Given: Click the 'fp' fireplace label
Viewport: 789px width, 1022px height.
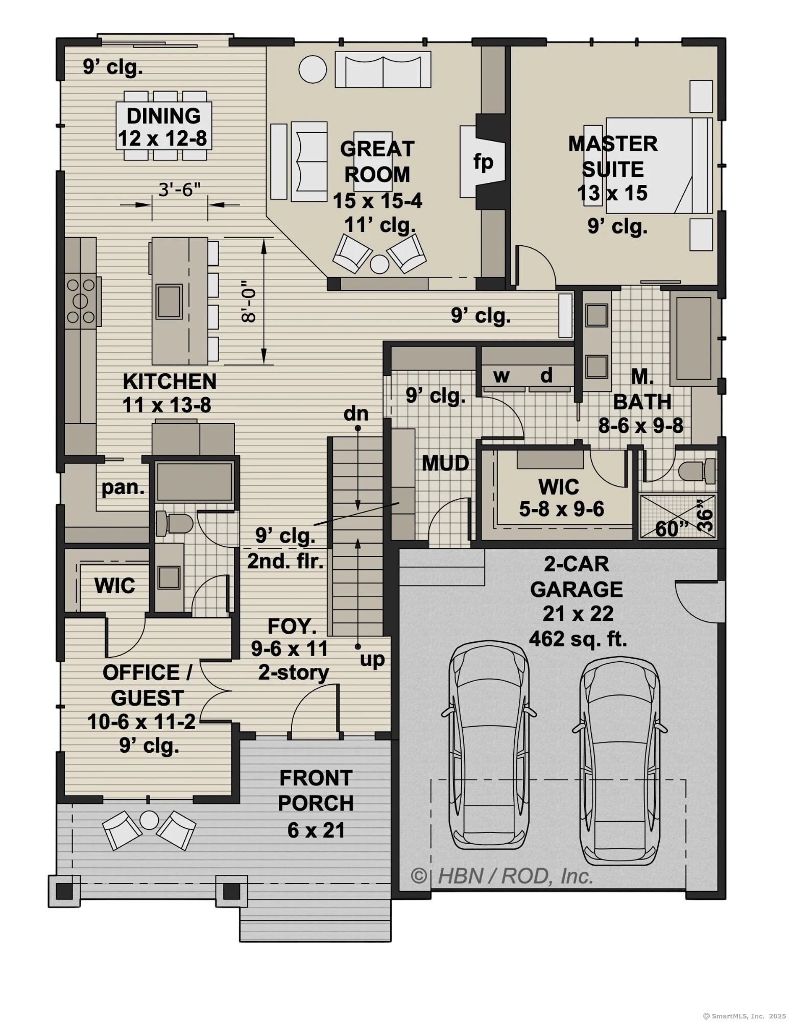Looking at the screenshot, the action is (x=483, y=162).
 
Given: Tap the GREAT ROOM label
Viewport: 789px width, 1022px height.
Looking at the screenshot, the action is (x=377, y=161).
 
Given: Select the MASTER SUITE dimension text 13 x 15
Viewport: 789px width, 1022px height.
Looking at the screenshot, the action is (x=612, y=193).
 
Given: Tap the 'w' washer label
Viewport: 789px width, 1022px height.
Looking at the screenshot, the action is (x=501, y=376).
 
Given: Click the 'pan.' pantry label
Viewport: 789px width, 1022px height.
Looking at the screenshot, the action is (x=123, y=487).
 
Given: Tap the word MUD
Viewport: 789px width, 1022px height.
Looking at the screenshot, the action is (x=445, y=463).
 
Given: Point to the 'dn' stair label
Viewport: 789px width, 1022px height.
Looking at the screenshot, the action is (x=356, y=413).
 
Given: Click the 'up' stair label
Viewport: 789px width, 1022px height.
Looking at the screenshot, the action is (x=372, y=660).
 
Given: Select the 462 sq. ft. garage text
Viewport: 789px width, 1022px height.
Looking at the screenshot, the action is (x=578, y=638).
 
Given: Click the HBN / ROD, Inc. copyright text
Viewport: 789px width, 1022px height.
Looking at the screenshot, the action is (x=503, y=876).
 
